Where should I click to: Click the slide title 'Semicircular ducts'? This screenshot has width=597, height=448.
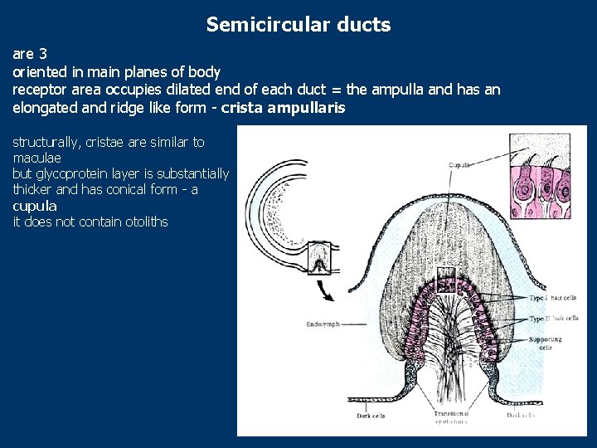coord(298,25)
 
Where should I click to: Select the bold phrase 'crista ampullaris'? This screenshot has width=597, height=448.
coord(284,108)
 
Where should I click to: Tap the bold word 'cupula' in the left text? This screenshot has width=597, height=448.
coord(35,206)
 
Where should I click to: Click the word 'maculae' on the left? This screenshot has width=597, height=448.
coord(36,158)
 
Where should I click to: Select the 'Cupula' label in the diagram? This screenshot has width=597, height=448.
coord(459,165)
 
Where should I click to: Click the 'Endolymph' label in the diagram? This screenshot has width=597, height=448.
coord(322,324)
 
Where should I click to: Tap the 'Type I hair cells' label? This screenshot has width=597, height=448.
coord(553,299)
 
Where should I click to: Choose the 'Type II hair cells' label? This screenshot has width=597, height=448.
coord(553,319)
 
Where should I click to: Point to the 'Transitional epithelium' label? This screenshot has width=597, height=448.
coord(451,417)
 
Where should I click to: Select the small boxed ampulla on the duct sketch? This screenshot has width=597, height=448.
coord(319,258)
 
